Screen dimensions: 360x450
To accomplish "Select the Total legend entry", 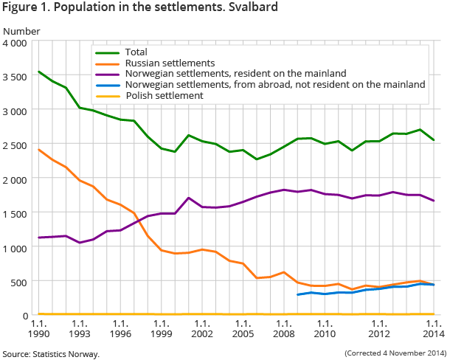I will (136, 52).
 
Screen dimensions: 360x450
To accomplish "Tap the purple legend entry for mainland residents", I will (239, 74).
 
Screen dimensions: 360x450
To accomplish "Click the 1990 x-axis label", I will (39, 328).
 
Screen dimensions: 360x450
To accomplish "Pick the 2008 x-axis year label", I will (283, 328).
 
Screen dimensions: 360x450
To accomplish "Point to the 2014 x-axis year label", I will (434, 328).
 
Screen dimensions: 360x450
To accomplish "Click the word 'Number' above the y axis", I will (22, 31).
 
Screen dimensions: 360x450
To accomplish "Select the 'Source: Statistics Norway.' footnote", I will (50, 354).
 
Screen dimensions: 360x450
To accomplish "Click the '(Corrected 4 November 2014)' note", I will (395, 353).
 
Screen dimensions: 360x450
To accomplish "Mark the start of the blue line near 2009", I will (297, 294).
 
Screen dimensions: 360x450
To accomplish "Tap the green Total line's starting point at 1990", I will (39, 72).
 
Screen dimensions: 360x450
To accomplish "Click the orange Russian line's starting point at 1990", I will (39, 150).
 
